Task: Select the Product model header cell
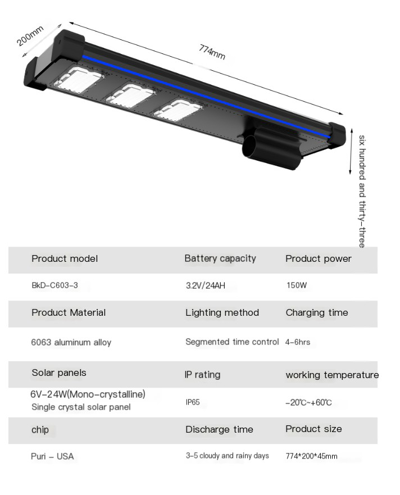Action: (65, 258)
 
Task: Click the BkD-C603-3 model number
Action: (54, 285)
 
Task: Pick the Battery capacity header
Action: (220, 258)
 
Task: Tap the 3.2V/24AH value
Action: (205, 285)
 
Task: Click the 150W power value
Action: (296, 285)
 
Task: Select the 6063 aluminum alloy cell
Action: (71, 342)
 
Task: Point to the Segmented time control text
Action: (232, 342)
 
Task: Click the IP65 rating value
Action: (193, 403)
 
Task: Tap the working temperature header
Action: (332, 375)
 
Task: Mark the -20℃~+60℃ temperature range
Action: (308, 403)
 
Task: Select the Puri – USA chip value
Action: (52, 456)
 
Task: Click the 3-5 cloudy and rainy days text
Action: (227, 456)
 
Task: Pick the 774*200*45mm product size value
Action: (311, 456)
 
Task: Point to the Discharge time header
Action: (219, 429)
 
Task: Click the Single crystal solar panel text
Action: (81, 407)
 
